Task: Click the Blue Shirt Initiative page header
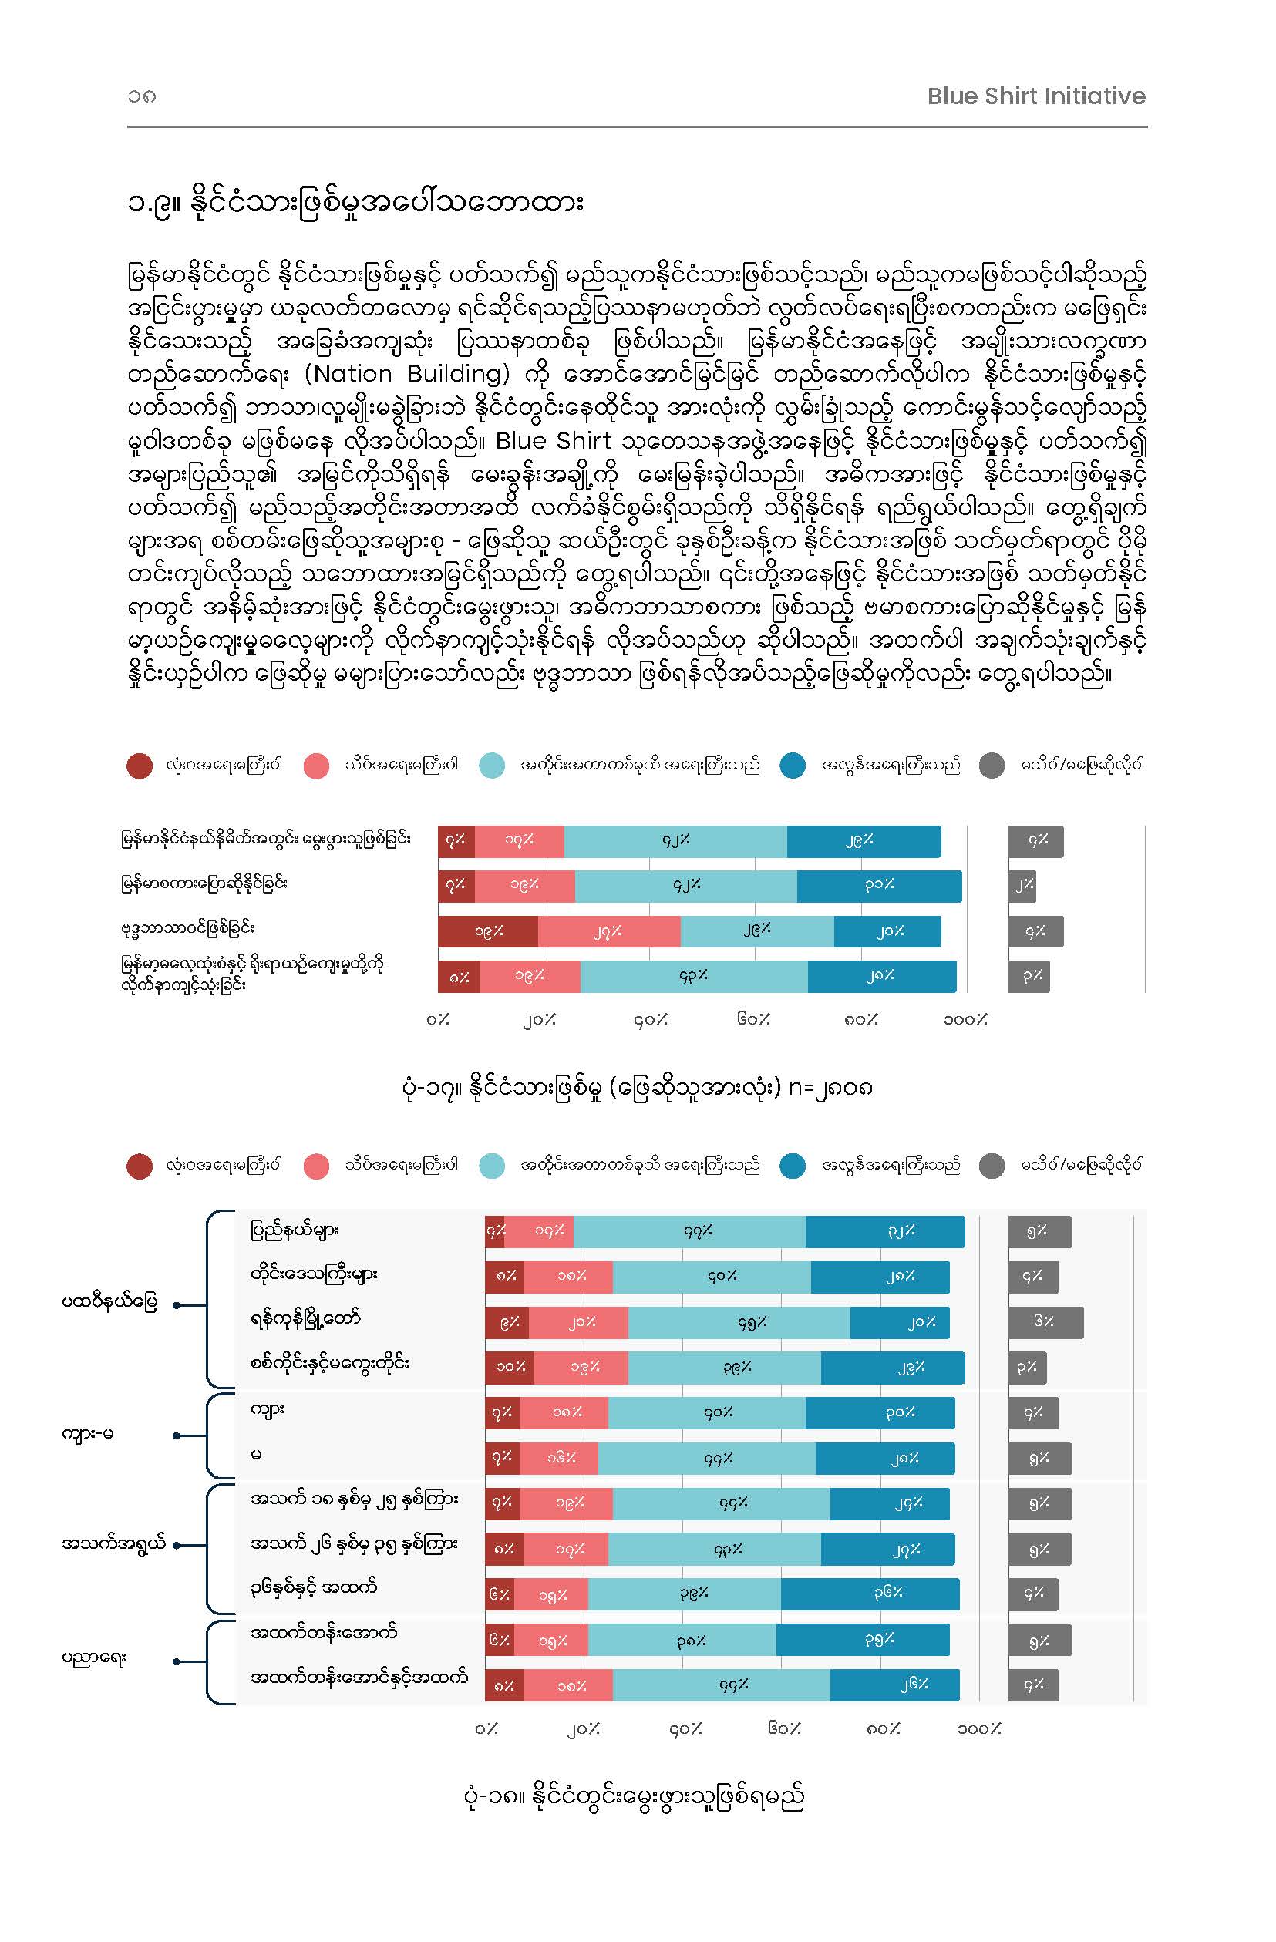[1036, 96]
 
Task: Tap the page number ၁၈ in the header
[141, 96]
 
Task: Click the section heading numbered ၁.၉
[355, 202]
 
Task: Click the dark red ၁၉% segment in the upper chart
[488, 931]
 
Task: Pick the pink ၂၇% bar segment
[608, 931]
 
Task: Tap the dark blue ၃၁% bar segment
[880, 886]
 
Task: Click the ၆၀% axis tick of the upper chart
[753, 1019]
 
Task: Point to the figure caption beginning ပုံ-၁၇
[638, 1088]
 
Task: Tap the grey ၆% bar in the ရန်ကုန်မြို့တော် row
[1046, 1322]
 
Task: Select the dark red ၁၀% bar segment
[510, 1368]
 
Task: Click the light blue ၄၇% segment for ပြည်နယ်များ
[689, 1231]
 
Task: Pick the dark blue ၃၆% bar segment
[870, 1594]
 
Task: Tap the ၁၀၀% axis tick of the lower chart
[979, 1728]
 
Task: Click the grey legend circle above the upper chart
[992, 766]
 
